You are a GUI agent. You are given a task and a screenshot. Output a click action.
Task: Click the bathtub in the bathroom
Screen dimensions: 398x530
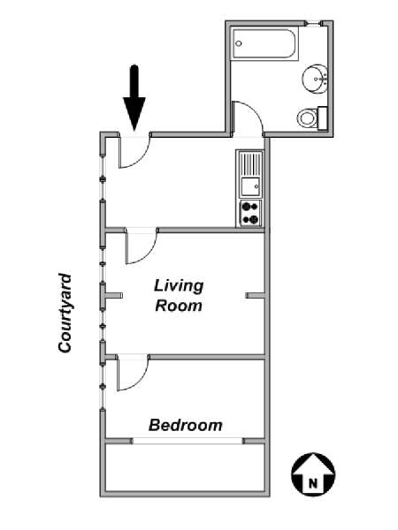coord(264,44)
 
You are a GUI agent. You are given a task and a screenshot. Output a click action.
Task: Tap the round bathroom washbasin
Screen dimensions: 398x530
coord(314,79)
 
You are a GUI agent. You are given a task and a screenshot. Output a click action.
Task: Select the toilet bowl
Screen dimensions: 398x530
coord(307,118)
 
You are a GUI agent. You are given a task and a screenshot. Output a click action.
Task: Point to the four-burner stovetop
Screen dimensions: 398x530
coord(250,213)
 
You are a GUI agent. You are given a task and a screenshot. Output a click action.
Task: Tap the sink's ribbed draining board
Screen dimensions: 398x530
coord(250,163)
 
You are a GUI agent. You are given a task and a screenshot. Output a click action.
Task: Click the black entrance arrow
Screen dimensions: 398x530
coord(134,98)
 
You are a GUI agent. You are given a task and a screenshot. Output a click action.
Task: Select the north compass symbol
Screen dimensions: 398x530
coord(313,474)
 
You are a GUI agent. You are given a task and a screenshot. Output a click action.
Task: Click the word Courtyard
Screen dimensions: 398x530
coord(65,313)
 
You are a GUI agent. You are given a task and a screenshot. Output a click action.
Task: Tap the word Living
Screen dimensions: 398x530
coord(179,286)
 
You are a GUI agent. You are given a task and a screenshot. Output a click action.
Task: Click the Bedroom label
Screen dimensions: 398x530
coord(186,425)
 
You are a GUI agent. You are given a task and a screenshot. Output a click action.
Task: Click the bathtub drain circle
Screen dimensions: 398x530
coord(239,43)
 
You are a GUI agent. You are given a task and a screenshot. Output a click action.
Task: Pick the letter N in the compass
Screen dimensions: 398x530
coord(313,483)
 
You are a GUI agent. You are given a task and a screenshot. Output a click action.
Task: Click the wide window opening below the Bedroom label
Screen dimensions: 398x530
coord(188,441)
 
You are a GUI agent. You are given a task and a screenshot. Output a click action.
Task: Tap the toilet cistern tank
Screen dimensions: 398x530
coord(322,118)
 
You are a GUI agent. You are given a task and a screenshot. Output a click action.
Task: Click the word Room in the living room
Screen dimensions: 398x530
coord(179,306)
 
